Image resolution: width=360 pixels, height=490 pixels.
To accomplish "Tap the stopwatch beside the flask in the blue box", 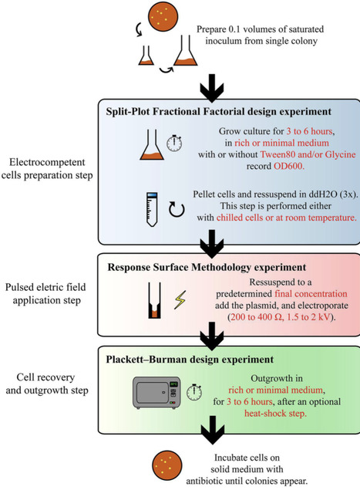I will click(x=152, y=144).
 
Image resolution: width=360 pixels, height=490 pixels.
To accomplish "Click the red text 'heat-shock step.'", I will click(x=258, y=414).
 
